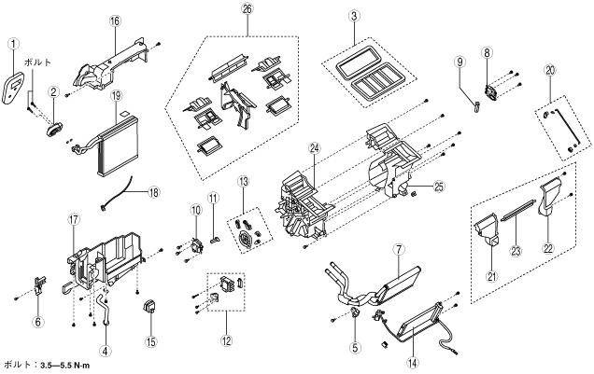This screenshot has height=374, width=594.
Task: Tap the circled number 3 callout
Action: pyautogui.click(x=354, y=16)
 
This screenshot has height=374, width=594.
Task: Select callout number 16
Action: pyautogui.click(x=115, y=21)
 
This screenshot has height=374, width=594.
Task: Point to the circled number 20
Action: pyautogui.click(x=550, y=70)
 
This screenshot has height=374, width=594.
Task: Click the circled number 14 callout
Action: pyautogui.click(x=413, y=363)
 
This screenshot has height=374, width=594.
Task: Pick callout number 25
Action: pyautogui.click(x=439, y=187)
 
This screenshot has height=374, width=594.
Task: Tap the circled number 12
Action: pyautogui.click(x=227, y=340)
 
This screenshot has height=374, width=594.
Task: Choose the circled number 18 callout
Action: pyautogui.click(x=154, y=192)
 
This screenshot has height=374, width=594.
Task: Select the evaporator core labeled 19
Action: pyautogui.click(x=118, y=145)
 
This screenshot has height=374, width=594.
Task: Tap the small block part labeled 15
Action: pyautogui.click(x=149, y=307)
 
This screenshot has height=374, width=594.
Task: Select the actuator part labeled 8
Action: pyautogui.click(x=490, y=93)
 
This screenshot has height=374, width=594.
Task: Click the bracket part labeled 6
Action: pyautogui.click(x=40, y=285)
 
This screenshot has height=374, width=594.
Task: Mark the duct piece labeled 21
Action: pyautogui.click(x=487, y=230)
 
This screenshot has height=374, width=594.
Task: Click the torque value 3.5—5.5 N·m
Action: pyautogui.click(x=65, y=366)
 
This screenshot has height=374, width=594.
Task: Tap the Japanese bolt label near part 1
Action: pyautogui.click(x=38, y=62)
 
